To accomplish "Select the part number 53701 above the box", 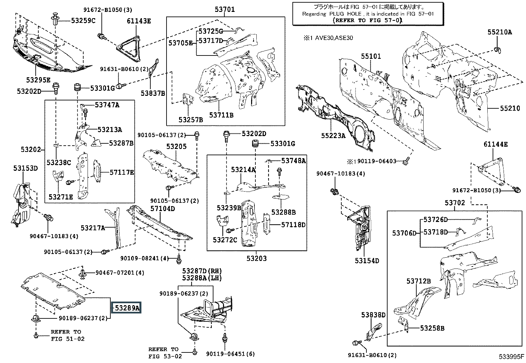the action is click(x=225, y=9).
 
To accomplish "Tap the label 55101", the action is click(x=371, y=56).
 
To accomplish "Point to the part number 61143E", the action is click(x=139, y=21).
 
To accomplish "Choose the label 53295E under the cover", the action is click(x=38, y=80).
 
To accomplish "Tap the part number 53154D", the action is click(x=367, y=261).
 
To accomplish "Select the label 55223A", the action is click(x=333, y=135).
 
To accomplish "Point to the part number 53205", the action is click(x=176, y=147).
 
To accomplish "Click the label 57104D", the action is click(x=163, y=208).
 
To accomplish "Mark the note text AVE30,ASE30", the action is click(x=334, y=38).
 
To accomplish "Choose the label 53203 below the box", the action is click(x=257, y=259).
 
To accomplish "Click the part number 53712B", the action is click(x=419, y=281).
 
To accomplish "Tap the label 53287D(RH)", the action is click(x=202, y=271).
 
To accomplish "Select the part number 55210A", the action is click(x=500, y=32).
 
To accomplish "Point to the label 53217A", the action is click(x=93, y=228).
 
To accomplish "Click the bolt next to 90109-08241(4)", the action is click(x=179, y=259).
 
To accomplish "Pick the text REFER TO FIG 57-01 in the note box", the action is click(x=367, y=20).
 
